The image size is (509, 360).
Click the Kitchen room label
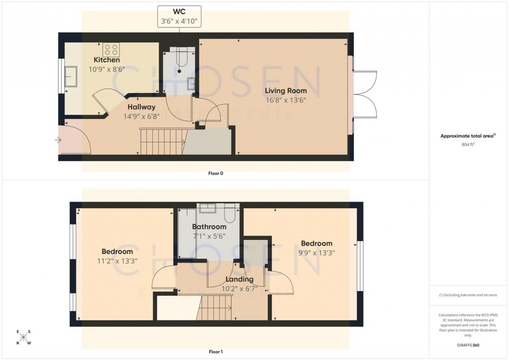click(106, 60)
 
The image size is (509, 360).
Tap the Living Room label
click(286, 91)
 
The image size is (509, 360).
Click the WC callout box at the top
click(179, 17)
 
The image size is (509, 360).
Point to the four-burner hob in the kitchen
click(111, 49)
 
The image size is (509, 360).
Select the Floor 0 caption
click(216, 174)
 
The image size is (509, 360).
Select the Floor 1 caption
click(216, 352)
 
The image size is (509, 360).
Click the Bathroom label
click(209, 227)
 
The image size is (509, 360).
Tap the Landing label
click(237, 279)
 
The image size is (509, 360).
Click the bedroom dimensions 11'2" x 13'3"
click(117, 261)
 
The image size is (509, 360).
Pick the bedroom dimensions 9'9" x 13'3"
click(316, 253)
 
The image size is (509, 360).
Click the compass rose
click(23, 338)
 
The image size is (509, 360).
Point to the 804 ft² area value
click(468, 145)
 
